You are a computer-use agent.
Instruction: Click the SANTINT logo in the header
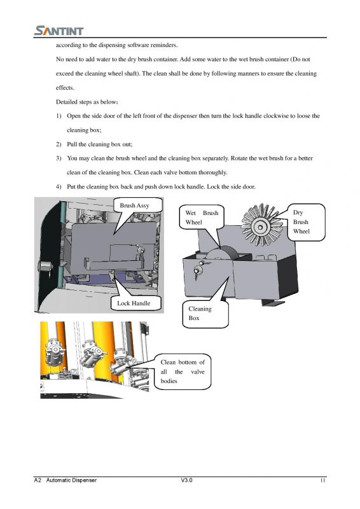tap(59, 31)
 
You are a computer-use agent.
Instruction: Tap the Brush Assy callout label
tap(134, 205)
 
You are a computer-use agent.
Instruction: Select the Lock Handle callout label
tap(134, 303)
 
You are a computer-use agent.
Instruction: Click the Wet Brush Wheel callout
tap(202, 217)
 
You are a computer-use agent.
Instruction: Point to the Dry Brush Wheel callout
tap(306, 222)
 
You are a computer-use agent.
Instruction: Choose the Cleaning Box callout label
tap(205, 314)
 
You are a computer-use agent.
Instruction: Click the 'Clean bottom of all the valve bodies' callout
tap(183, 372)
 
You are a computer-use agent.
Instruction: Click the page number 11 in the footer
tap(322, 480)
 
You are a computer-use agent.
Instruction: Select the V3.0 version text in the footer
tap(186, 480)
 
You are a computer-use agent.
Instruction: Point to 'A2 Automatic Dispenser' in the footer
tap(66, 480)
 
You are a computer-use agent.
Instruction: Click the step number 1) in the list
tap(59, 116)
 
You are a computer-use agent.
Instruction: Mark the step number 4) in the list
tap(59, 186)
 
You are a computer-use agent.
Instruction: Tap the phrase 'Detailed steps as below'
tap(86, 102)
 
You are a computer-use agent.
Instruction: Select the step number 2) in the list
tap(59, 144)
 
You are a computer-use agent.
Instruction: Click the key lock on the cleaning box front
tap(197, 270)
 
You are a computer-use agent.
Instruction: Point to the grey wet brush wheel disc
tap(223, 253)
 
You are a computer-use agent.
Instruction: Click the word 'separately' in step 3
tap(216, 158)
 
